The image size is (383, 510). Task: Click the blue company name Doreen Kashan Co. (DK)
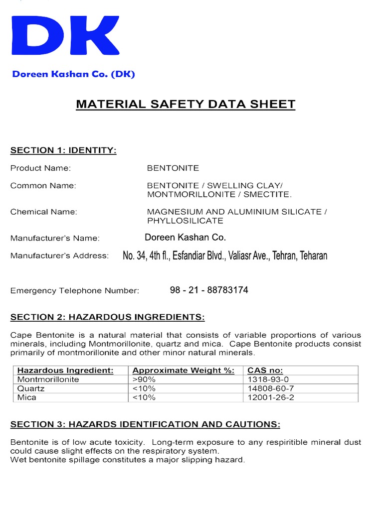73,74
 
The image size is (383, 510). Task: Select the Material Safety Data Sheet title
185,104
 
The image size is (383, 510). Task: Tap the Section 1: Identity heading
63,150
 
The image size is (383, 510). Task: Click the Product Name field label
40,168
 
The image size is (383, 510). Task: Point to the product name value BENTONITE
173,168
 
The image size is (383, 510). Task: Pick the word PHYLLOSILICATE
185,221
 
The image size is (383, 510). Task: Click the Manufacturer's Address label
59,256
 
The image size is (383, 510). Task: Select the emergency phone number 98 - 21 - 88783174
208,290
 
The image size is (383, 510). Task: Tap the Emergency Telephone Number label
75,290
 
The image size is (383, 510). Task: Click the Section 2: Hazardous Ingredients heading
107,317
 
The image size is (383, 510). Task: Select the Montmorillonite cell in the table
48,380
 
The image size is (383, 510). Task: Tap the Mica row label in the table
27,397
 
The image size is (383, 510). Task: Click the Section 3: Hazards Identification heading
145,424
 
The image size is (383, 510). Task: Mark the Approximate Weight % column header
183,371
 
